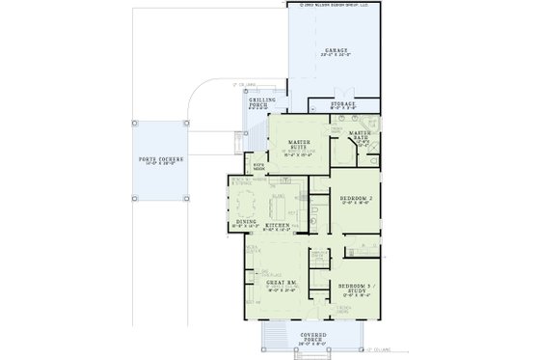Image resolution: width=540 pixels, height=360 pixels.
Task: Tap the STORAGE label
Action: pyautogui.click(x=343, y=103)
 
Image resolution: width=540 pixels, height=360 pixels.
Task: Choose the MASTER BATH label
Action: pyautogui.click(x=360, y=136)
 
